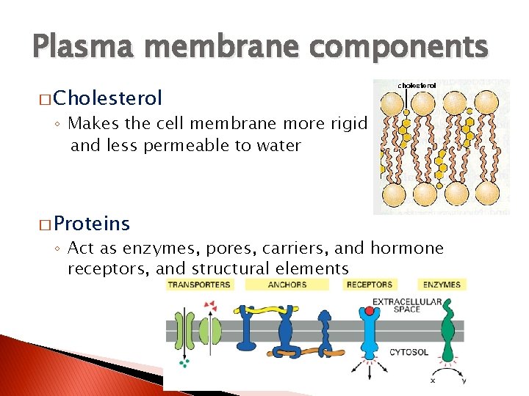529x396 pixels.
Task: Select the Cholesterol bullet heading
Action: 107,98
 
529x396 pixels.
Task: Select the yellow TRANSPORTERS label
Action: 198,285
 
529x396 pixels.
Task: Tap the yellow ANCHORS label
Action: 287,285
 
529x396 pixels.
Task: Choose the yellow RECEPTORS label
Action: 369,285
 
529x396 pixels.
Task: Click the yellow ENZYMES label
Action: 442,285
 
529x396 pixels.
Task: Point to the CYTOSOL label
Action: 409,353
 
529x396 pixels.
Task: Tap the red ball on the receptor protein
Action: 370,312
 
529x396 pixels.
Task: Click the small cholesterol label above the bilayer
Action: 417,86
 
